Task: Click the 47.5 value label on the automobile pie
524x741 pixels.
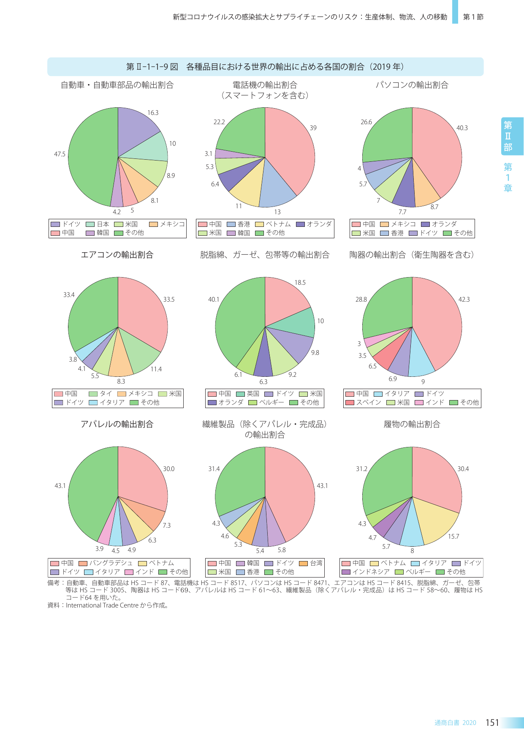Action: (60, 154)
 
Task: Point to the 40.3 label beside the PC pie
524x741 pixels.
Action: (462, 128)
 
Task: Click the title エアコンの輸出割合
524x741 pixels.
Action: (117, 255)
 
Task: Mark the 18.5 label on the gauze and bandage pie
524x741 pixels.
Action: (300, 283)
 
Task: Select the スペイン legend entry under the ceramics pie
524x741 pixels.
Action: (363, 403)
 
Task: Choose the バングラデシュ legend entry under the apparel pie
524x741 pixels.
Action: (106, 563)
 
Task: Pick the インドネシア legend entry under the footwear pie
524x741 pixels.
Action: (366, 572)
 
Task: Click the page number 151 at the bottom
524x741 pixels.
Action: (492, 723)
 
